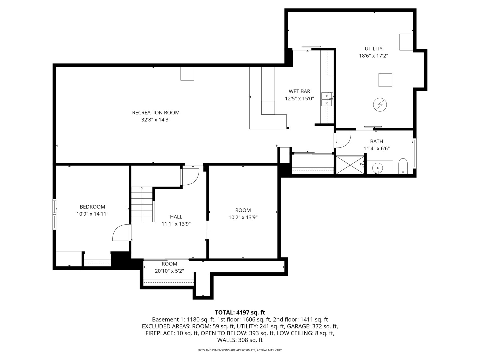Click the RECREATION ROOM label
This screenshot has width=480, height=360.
tap(156, 113)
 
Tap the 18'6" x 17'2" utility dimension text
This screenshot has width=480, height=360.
tap(373, 56)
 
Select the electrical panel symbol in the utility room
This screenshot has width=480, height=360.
tap(380, 105)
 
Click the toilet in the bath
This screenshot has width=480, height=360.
tap(403, 166)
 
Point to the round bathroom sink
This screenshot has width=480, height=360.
tap(377, 167)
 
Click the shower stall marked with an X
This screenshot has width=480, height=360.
tap(350, 165)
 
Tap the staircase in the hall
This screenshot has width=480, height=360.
tap(142, 204)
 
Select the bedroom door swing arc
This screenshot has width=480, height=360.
tap(120, 233)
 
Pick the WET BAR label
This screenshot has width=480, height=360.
tap(299, 91)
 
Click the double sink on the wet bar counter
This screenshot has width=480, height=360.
tap(327, 99)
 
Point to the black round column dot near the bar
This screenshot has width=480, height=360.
tap(288, 128)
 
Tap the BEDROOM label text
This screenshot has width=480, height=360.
tap(92, 207)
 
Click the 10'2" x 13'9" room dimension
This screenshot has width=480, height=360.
tap(243, 217)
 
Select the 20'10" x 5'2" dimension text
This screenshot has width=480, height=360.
tap(169, 271)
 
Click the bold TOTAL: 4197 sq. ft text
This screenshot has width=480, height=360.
tap(240, 312)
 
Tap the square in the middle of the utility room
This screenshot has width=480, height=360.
tap(385, 80)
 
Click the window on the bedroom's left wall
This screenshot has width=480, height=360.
tap(54, 214)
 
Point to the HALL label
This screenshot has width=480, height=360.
tap(176, 217)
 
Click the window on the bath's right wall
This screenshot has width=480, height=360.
tap(415, 153)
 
